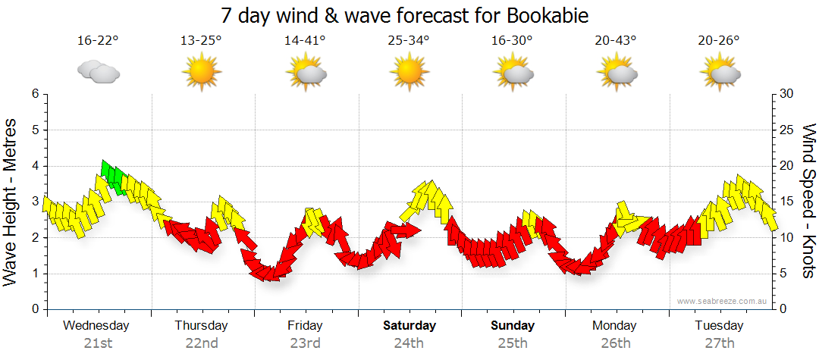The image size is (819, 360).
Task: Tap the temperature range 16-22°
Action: click(98, 40)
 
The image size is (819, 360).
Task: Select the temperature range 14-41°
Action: click(305, 40)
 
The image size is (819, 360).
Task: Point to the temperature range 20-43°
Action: click(616, 40)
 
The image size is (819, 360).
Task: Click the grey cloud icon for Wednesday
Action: click(99, 73)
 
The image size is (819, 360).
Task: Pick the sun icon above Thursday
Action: click(201, 73)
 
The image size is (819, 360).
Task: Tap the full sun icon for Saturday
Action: click(409, 73)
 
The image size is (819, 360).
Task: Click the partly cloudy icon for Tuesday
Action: click(720, 73)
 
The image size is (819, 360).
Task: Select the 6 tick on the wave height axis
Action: click(34, 94)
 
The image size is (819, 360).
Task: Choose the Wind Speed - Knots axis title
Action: click(808, 201)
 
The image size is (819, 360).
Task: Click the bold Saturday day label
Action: click(409, 326)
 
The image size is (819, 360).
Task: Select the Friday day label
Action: click(305, 326)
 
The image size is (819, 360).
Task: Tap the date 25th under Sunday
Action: click(513, 343)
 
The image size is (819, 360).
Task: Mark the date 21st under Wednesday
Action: click(98, 343)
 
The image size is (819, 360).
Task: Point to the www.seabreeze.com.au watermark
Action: click(723, 301)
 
